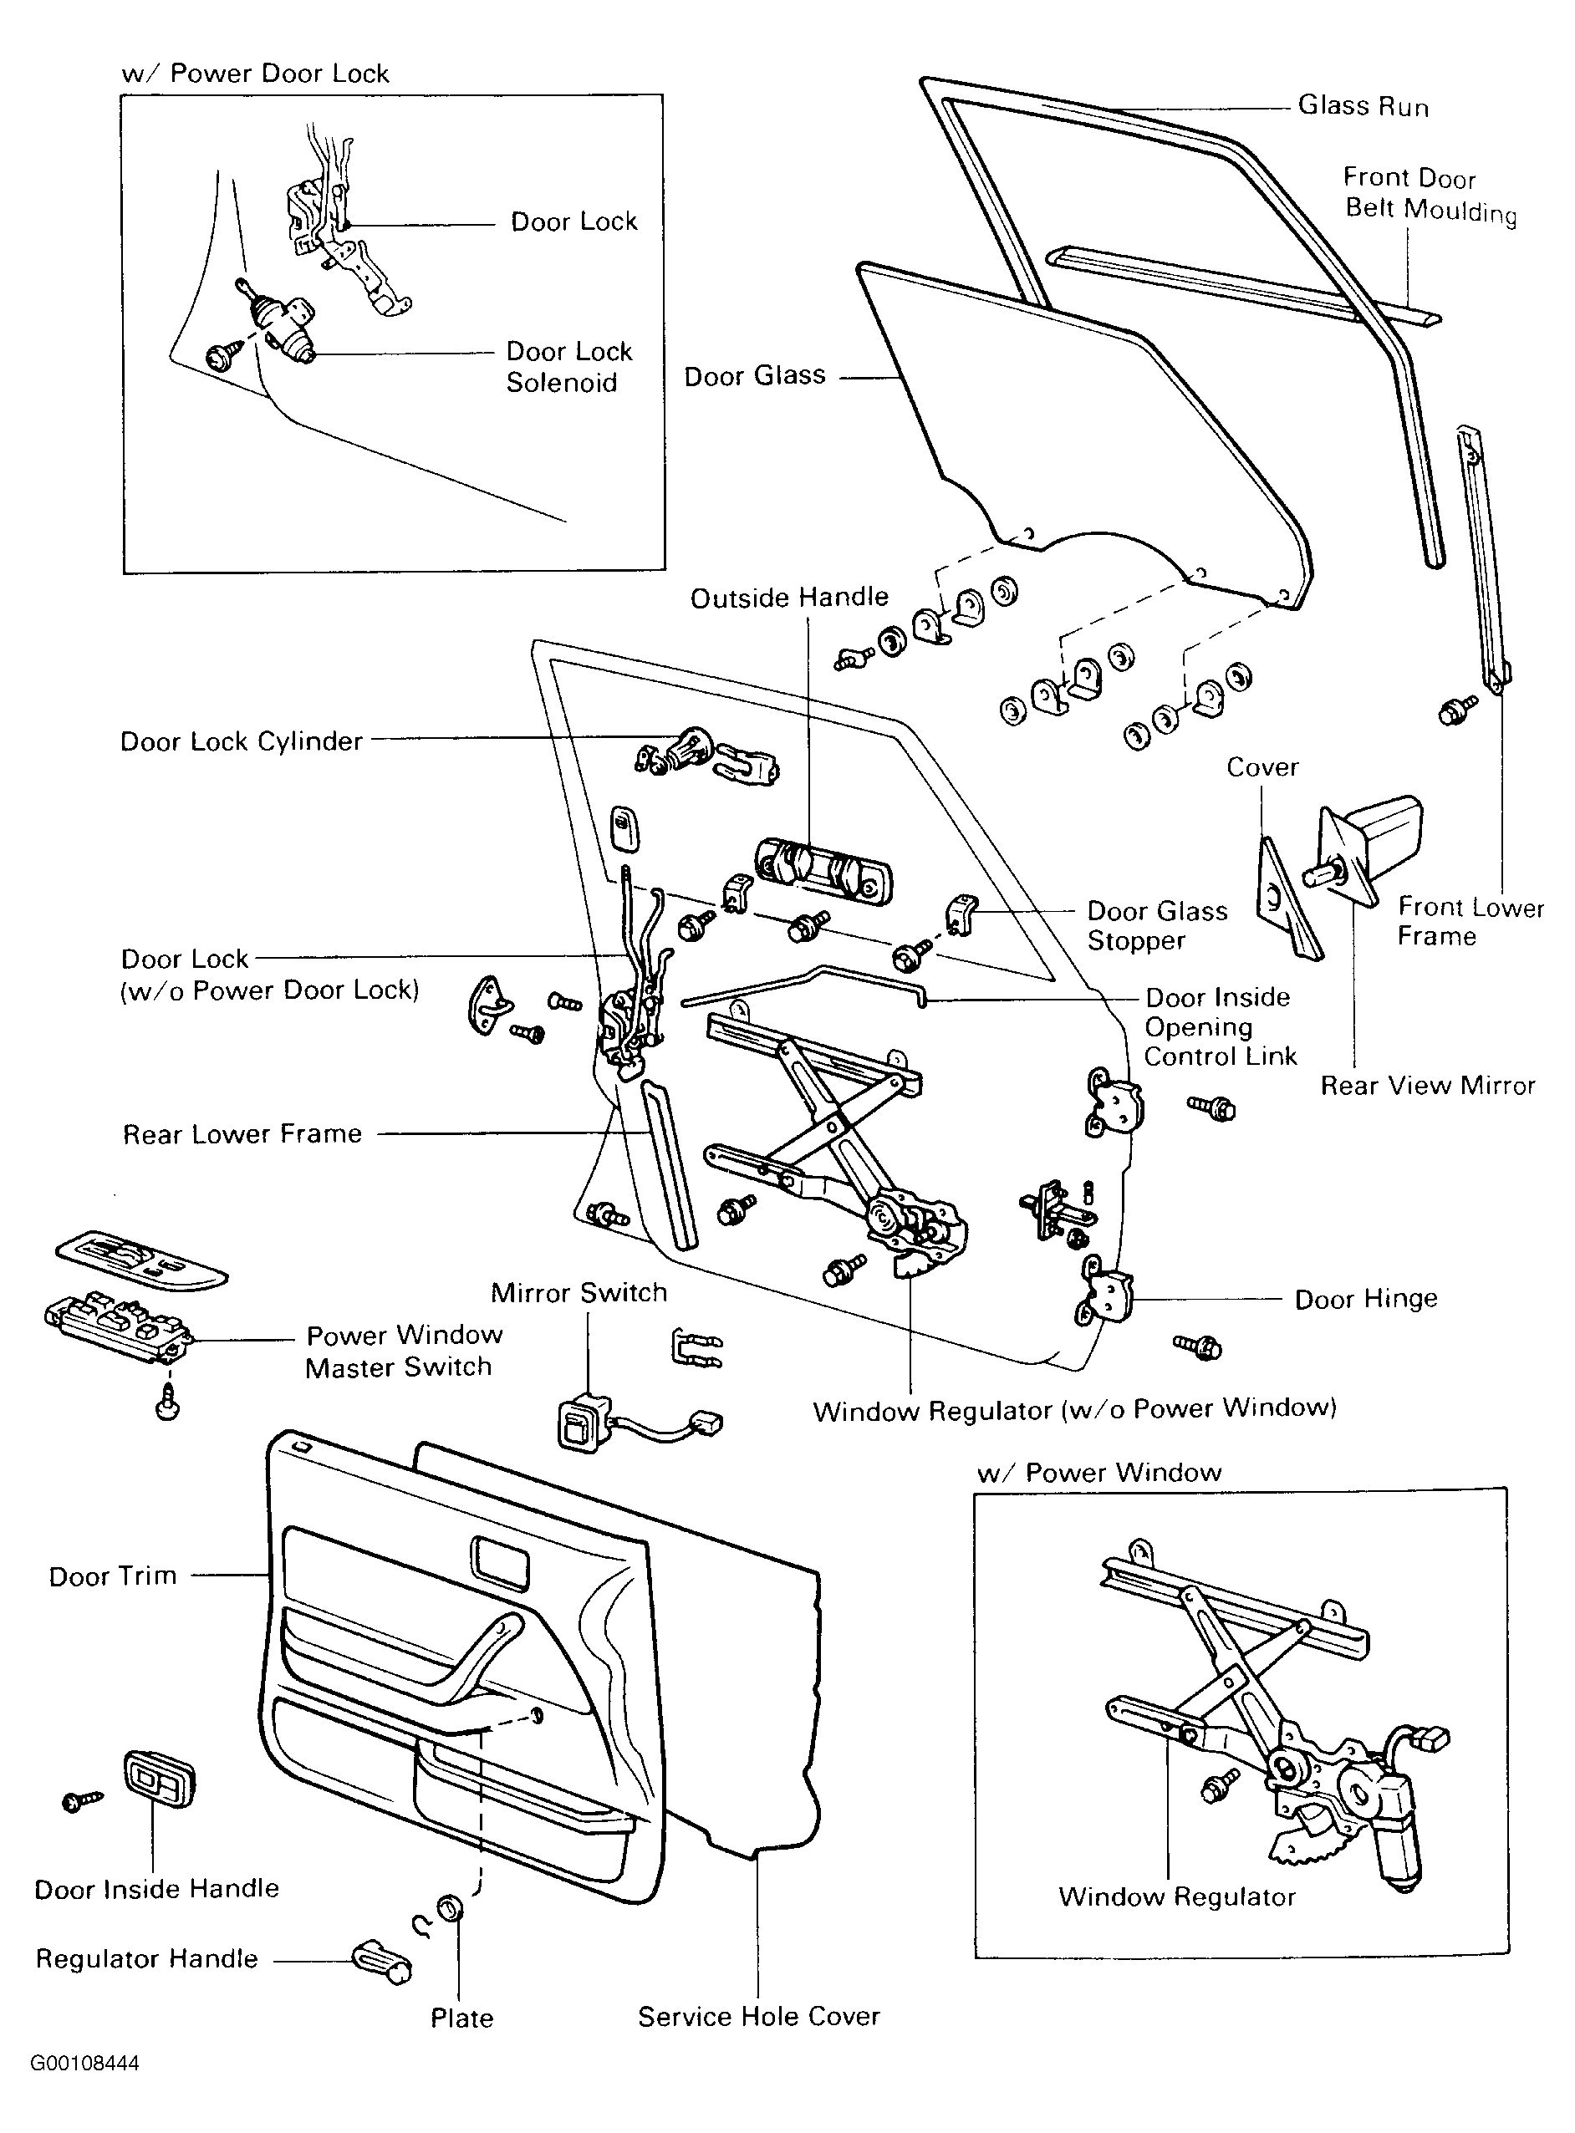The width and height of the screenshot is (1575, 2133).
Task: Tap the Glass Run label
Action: (1363, 106)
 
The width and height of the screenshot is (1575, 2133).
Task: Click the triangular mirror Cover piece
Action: (1288, 899)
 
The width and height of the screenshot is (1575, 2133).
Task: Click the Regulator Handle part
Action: (381, 1962)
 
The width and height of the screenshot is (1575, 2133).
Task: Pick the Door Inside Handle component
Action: (158, 1779)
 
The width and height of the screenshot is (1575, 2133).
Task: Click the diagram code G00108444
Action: (84, 2064)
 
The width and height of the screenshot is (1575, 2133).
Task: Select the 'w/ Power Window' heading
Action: (1099, 1473)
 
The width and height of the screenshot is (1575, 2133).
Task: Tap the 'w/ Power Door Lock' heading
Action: (256, 74)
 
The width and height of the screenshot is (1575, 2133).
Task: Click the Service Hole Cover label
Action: (759, 2017)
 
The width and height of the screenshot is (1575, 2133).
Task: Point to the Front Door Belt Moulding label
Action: (1430, 193)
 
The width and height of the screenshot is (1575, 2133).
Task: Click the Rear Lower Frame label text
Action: (242, 1134)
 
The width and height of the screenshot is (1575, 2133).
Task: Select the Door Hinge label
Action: (1365, 1299)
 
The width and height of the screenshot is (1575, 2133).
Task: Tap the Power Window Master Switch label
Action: (403, 1351)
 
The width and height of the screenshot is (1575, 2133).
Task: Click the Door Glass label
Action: (754, 375)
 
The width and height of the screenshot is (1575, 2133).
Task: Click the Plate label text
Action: (461, 2018)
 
